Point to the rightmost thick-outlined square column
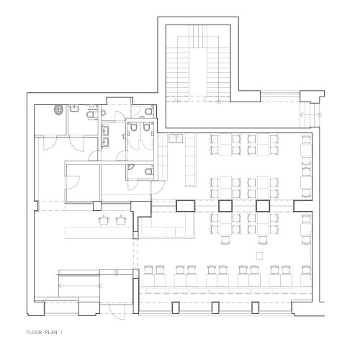click(263, 206)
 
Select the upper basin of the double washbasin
click(106, 130)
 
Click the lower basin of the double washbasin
click(106, 140)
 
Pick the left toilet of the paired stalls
click(134, 127)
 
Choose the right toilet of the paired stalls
click(146, 127)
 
